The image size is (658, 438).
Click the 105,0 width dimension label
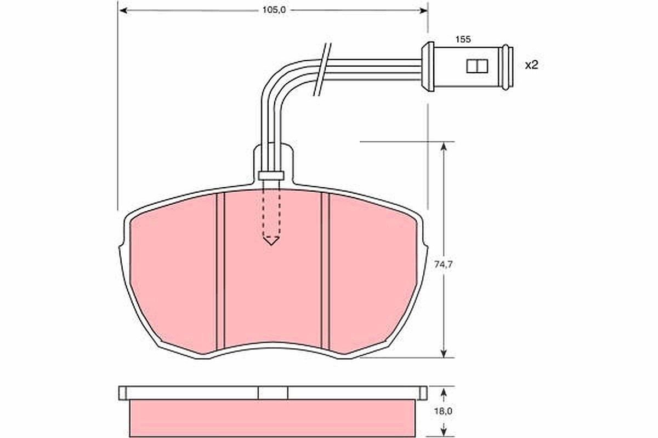[274, 10]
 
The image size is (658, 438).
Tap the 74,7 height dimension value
[443, 264]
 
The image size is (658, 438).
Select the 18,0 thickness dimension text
[443, 411]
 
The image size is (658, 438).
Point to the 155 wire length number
[463, 39]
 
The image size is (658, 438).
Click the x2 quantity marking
[532, 65]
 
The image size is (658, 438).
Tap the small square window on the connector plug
[477, 66]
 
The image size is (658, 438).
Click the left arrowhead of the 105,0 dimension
[124, 10]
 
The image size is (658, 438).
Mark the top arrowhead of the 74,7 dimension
[444, 146]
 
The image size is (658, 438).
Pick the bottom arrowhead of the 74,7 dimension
[444, 353]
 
